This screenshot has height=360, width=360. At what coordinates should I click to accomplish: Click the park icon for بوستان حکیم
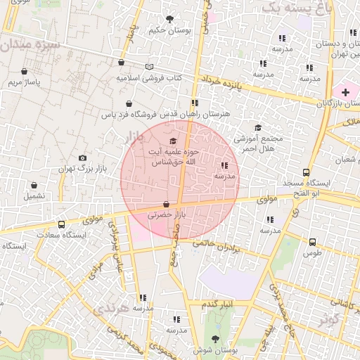(169, 19)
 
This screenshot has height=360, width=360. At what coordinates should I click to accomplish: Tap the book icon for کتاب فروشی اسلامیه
(148, 67)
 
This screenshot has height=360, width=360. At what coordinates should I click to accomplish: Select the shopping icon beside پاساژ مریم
(25, 72)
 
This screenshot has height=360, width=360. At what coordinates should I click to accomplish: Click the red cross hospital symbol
(345, 92)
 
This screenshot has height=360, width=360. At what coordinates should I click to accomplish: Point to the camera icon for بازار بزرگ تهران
(83, 158)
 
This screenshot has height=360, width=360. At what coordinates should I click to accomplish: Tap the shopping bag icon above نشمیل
(33, 185)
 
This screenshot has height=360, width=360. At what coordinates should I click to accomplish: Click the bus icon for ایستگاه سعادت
(62, 224)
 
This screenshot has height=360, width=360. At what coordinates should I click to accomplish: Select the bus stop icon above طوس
(312, 241)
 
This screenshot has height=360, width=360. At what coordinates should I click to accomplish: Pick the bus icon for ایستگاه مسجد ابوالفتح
(306, 172)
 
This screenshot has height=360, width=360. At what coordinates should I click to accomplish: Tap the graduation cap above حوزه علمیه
(173, 141)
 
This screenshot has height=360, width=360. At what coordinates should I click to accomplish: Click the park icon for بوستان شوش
(214, 339)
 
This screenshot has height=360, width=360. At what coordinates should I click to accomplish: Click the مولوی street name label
(268, 200)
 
